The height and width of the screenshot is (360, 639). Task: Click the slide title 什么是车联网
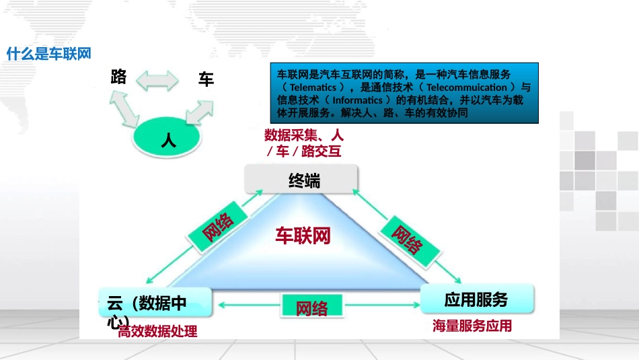(48, 54)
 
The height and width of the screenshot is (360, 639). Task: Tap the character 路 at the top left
(119, 77)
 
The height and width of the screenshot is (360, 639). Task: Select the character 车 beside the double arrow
(206, 79)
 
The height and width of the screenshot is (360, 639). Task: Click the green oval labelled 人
(167, 139)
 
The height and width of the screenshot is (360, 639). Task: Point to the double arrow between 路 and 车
(158, 81)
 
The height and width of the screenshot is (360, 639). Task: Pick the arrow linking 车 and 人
(199, 112)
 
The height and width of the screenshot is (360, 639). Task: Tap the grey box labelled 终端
(303, 180)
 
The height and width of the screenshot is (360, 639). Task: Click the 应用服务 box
(476, 299)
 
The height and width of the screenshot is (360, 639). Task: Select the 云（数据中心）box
(155, 303)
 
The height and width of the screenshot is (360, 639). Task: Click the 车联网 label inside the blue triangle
(303, 236)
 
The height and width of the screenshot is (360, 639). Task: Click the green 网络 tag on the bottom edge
(312, 308)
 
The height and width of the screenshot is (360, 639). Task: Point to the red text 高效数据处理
(158, 331)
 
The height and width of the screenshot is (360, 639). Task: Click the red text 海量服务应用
(472, 326)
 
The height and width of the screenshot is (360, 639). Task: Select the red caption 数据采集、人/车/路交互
(303, 143)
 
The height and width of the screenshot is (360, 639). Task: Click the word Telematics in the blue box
(313, 87)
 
